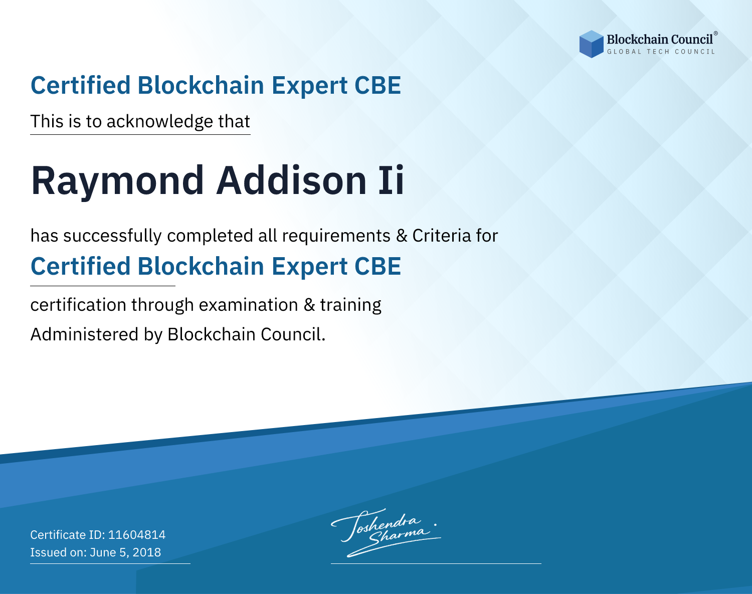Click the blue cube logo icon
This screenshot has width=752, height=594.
coord(591,44)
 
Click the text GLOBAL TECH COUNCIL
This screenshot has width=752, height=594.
coord(661,52)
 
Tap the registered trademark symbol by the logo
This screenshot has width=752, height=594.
coord(716,33)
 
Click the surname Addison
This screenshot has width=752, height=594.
coord(291,180)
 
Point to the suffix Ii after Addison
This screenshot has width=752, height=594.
coord(392,180)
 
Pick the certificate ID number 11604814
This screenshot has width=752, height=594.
coord(137,534)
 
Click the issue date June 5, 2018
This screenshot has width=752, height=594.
coord(125,552)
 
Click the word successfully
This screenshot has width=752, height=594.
coord(112,236)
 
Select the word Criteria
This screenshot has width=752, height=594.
coord(441,236)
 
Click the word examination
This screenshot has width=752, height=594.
coord(249,305)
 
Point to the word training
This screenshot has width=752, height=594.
coord(351,305)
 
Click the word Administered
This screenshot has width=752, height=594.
coord(85,334)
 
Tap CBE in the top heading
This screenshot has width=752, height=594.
coord(378,86)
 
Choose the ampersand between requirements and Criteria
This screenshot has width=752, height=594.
coord(402,236)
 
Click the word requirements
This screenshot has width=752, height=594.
coord(336,236)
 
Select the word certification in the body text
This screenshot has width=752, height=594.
coord(78,305)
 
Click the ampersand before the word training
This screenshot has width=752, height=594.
coord(309,305)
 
